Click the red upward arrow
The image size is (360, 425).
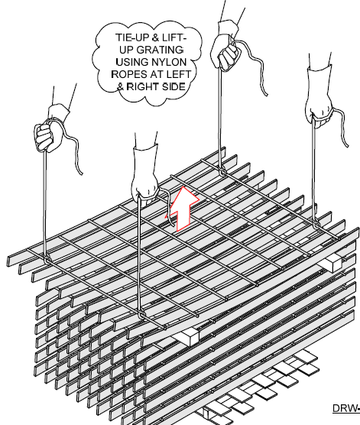(183, 209)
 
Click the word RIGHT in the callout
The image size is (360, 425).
(143, 86)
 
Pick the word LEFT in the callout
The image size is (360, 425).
(177, 74)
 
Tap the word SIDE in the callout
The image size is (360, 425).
(174, 86)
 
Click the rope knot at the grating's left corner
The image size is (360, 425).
(47, 260)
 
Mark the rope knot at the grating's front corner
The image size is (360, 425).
(141, 315)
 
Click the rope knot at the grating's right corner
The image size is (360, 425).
(315, 224)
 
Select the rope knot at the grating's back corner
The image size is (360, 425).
(222, 171)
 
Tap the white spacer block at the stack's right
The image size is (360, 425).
(331, 262)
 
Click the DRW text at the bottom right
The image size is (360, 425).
(346, 408)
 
